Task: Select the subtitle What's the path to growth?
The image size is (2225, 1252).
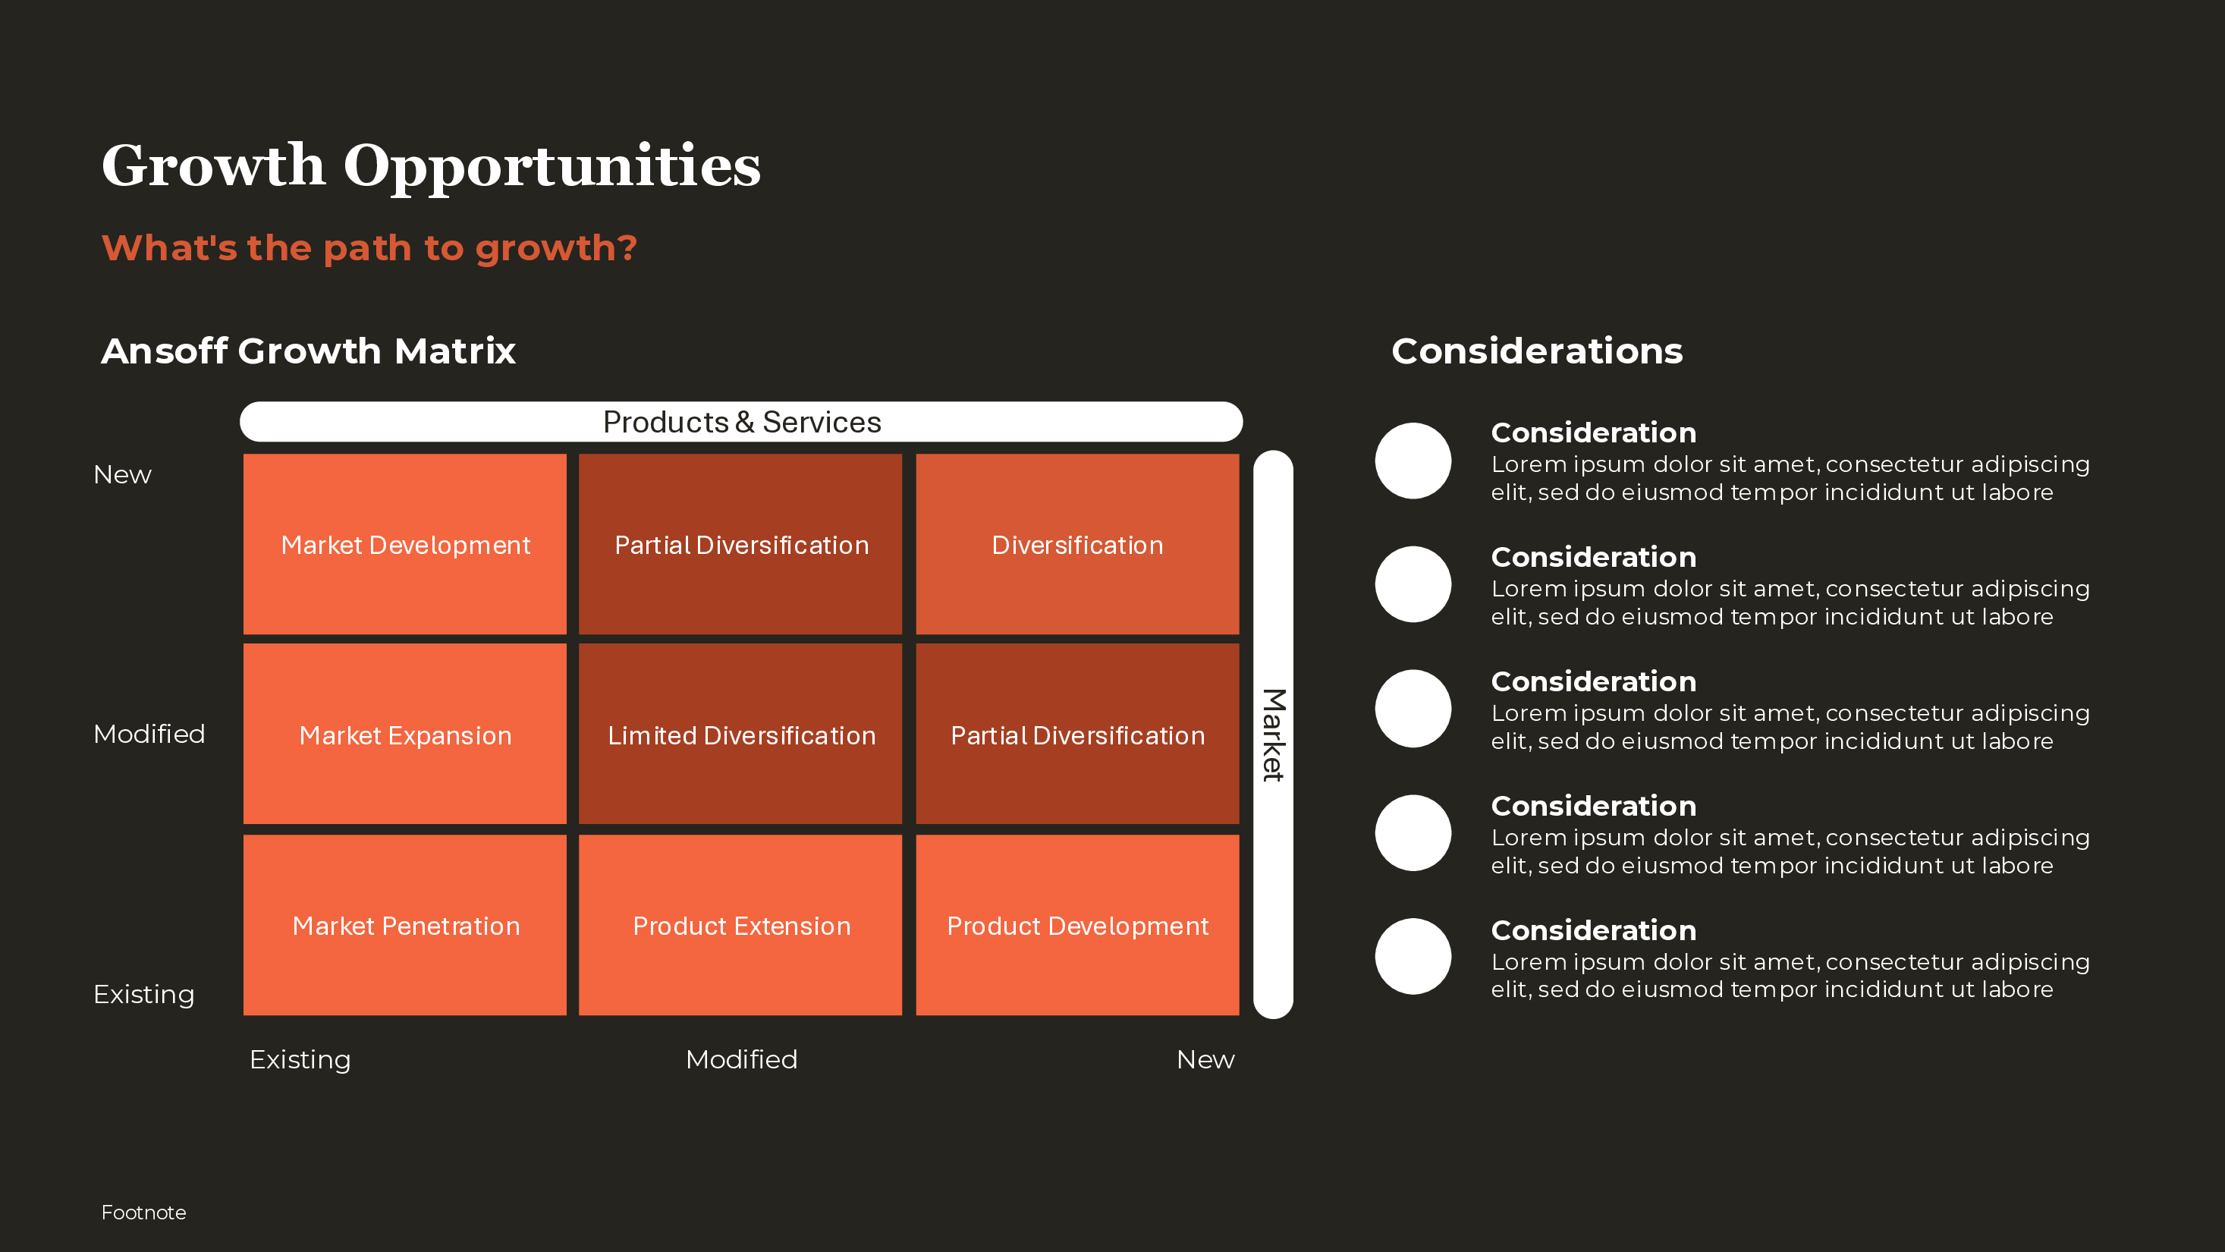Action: click(369, 248)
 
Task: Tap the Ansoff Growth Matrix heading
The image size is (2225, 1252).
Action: click(308, 351)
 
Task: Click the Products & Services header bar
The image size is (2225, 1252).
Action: click(741, 422)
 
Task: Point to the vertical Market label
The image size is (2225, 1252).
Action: click(1272, 735)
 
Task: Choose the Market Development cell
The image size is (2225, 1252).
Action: click(405, 544)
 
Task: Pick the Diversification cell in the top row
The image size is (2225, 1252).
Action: click(1077, 544)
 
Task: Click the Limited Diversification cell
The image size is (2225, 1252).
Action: click(741, 735)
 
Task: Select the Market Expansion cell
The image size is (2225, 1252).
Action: click(405, 735)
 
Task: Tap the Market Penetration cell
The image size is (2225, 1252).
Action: click(405, 926)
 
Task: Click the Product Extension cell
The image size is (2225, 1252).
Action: click(741, 926)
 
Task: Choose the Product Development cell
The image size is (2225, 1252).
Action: click(1077, 926)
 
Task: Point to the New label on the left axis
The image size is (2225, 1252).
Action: click(123, 474)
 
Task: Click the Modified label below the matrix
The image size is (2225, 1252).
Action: click(741, 1059)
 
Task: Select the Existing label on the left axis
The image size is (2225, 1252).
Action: click(143, 995)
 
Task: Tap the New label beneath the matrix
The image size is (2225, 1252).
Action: click(1205, 1059)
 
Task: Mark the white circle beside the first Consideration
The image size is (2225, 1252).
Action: click(1413, 461)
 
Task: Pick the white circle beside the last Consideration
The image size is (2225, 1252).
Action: click(1413, 957)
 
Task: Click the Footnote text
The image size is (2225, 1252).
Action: click(143, 1213)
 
